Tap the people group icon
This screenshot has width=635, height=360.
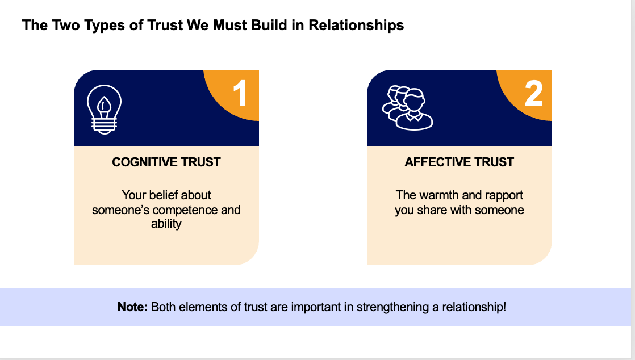(x=407, y=107)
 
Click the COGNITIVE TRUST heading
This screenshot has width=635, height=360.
(x=166, y=162)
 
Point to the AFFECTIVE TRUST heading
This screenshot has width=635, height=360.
(x=459, y=162)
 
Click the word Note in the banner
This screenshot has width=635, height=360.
(x=132, y=307)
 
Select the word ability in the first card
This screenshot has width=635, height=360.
(x=166, y=224)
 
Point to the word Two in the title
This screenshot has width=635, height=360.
(x=63, y=26)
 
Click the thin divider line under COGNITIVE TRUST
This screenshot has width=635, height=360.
(x=166, y=179)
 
